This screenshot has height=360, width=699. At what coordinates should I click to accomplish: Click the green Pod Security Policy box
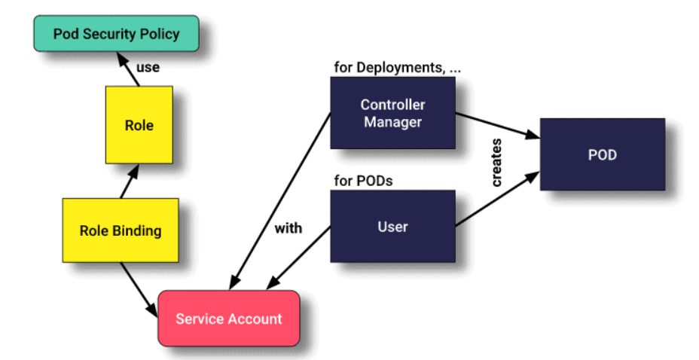click(116, 34)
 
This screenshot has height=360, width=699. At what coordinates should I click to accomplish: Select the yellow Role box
click(139, 124)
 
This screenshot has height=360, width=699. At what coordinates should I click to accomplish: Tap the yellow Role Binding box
click(121, 230)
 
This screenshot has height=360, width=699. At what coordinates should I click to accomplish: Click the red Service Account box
click(228, 318)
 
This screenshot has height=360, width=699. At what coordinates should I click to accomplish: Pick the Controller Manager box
click(392, 113)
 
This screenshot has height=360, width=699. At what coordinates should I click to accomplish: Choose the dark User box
click(392, 226)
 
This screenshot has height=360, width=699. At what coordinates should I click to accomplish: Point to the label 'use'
click(148, 68)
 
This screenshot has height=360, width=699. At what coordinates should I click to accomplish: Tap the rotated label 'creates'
click(497, 162)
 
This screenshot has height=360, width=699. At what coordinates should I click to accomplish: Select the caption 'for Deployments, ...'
click(397, 67)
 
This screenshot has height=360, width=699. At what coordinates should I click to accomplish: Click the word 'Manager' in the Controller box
click(392, 121)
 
